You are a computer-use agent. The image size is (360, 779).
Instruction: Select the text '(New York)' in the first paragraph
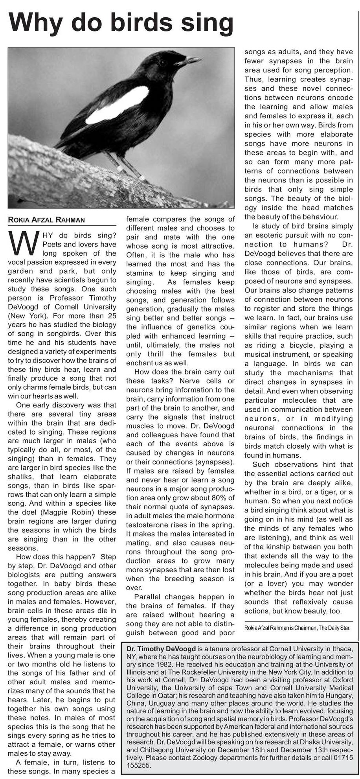point(24,316)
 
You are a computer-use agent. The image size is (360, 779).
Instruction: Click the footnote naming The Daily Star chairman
point(297,628)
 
